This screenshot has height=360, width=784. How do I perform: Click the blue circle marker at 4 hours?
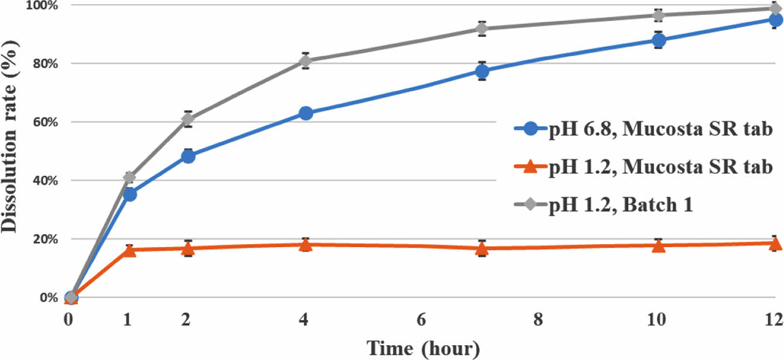click(305, 113)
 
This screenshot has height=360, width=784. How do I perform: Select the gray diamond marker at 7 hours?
click(481, 29)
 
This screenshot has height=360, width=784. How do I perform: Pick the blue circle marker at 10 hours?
click(658, 40)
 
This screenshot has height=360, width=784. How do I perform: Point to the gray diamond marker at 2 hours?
click(188, 119)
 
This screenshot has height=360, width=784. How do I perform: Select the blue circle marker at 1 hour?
click(129, 194)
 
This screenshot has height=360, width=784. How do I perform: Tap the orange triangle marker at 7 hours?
click(481, 249)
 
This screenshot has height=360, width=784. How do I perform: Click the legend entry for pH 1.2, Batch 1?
click(621, 205)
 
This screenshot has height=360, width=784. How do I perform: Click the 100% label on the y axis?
click(40, 5)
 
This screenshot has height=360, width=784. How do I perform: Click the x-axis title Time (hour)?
click(423, 349)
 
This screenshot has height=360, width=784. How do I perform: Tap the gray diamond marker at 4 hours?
click(305, 60)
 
